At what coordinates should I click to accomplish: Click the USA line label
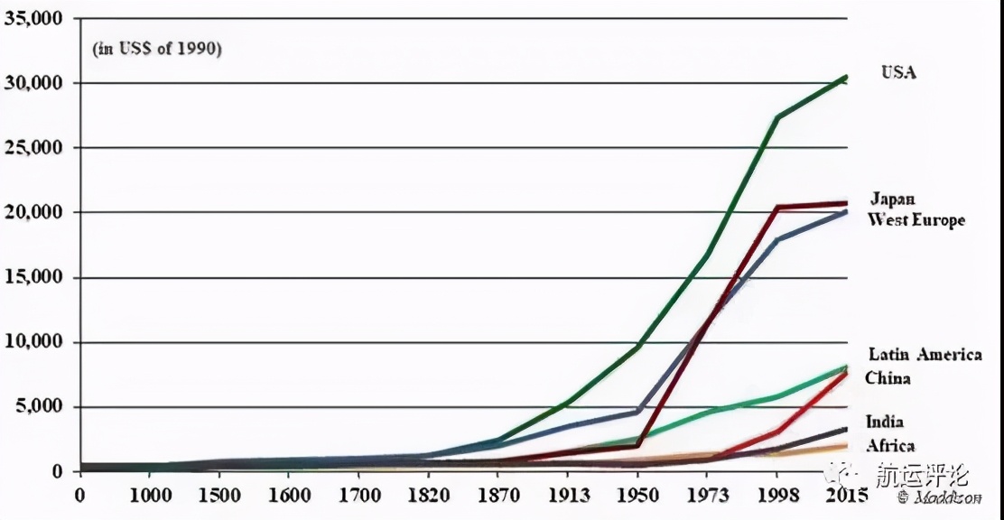pos(898,72)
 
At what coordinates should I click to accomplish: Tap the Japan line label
pos(892,199)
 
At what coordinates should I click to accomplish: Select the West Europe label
pos(916,220)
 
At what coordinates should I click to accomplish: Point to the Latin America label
pos(925,355)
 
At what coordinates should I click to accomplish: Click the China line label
pos(888,378)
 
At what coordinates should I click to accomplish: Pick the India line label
pos(884,422)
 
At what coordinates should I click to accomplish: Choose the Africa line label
pos(890,446)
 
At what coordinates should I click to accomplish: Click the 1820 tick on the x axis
pos(427,495)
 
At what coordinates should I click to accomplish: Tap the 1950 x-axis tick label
pos(637,495)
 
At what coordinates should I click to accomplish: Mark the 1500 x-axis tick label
pos(219,495)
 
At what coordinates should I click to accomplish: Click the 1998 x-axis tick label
pos(777,495)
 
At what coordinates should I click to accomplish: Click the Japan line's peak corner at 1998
pos(777,207)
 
